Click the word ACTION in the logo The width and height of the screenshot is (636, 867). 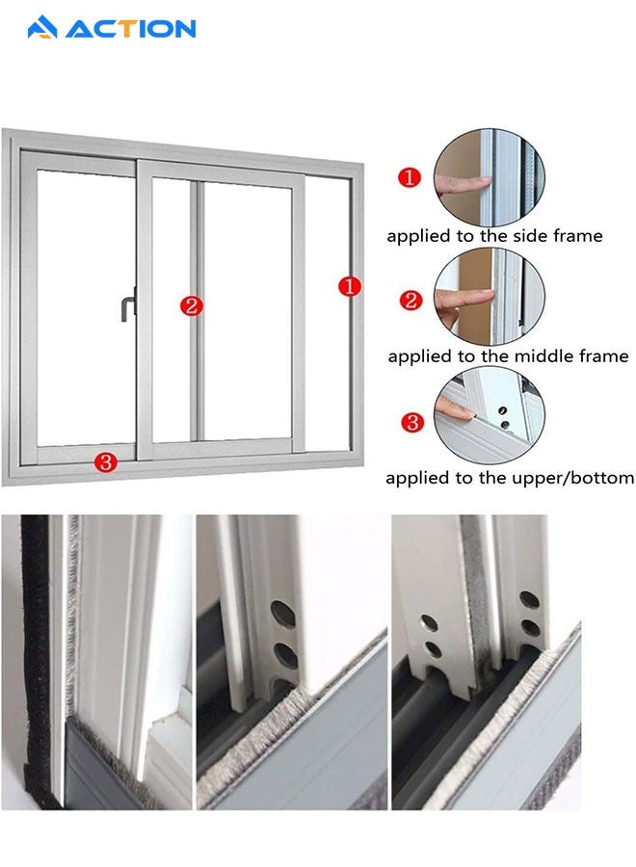point(131,29)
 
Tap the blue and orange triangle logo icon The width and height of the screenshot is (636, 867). point(42,28)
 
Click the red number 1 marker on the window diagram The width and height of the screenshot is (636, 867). point(350,286)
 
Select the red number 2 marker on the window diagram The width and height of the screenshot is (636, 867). point(192,305)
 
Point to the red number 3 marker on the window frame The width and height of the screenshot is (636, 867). point(106,461)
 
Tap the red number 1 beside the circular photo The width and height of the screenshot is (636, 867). point(410,177)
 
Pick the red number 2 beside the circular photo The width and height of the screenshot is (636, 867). point(411,301)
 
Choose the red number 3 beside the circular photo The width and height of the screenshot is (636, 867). point(412,423)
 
